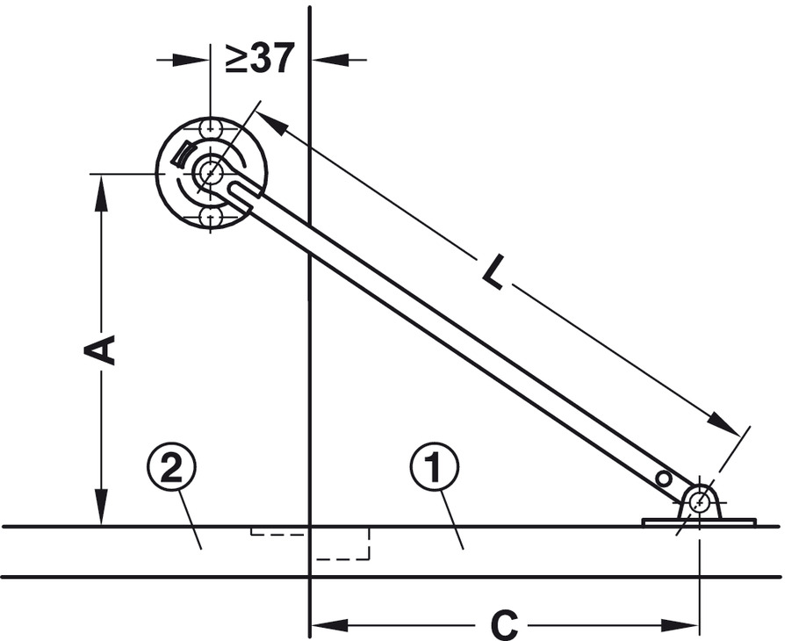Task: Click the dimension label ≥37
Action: point(259,59)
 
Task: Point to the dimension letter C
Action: point(503,625)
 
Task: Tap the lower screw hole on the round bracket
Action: point(210,216)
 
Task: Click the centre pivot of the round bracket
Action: point(209,173)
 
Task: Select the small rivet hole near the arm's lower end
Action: point(664,478)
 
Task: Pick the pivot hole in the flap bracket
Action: point(699,502)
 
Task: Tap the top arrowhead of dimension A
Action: point(102,186)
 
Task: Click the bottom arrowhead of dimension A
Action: point(102,515)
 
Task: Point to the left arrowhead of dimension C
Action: point(324,625)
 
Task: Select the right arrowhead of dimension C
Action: point(688,625)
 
